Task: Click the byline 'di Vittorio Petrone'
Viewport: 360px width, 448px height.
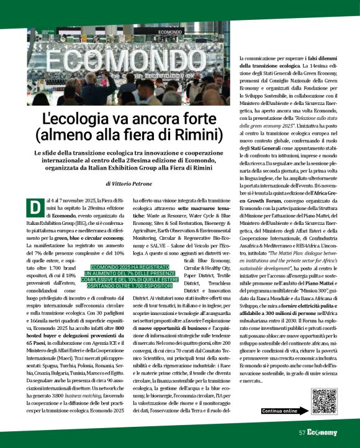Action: coord(128,185)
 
